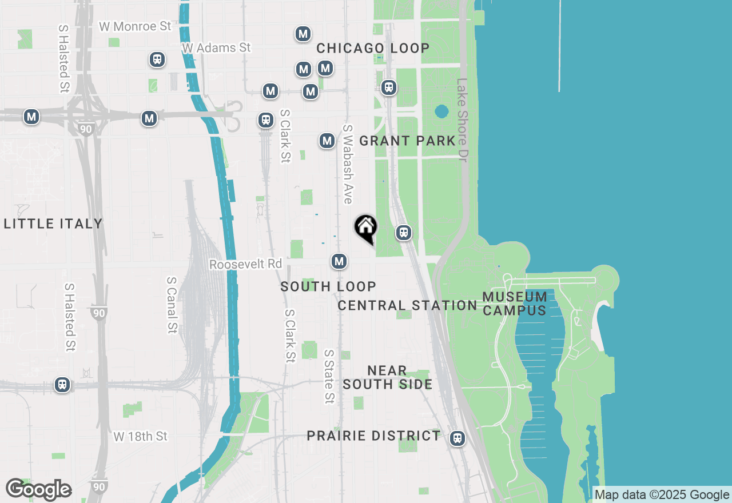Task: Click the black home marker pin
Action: coord(366,228)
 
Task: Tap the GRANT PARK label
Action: coord(407,141)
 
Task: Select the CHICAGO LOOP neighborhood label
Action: coord(373,48)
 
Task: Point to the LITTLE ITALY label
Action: coord(53,223)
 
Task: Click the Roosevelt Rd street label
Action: coord(245,264)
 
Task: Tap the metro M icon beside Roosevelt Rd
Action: coord(340,262)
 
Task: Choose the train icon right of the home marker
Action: coord(404,233)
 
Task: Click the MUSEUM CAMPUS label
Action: coord(515,304)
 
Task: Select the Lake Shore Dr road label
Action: coord(462,120)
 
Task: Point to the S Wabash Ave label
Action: coord(347,164)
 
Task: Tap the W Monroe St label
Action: coord(135,26)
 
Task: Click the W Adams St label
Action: coord(216,48)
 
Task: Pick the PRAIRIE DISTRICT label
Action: coord(373,436)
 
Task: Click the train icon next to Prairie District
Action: coord(457,438)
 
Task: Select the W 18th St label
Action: coord(140,436)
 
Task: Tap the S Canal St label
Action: coord(172,305)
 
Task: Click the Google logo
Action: coord(38,489)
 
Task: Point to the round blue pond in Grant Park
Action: coord(441,111)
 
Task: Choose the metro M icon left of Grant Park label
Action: coord(327,141)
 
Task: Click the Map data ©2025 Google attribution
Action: coord(662,495)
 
